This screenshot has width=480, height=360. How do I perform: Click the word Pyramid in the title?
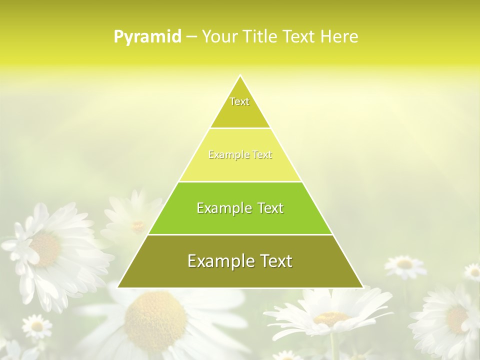coord(147,37)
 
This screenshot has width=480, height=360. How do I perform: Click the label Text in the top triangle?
coord(239,101)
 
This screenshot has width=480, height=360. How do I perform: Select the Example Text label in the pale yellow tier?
coord(240,155)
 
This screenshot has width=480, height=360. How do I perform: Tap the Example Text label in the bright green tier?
coord(240,208)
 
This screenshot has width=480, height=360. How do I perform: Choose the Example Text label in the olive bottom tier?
coord(240,261)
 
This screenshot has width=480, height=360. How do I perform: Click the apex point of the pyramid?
coord(240,75)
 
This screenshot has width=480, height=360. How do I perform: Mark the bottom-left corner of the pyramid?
coord(118,287)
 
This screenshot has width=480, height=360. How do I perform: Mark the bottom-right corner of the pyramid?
coord(362,287)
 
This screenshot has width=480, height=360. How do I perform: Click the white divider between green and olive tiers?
coord(240,234)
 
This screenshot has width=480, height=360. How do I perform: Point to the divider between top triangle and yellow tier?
coord(240,128)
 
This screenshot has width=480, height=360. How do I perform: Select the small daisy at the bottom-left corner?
coord(36,326)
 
